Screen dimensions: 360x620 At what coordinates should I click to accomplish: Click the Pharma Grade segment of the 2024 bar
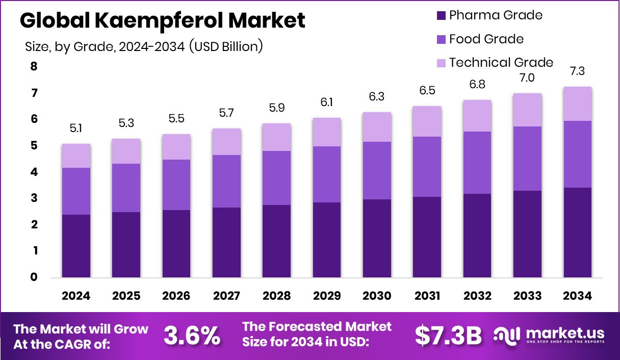pos(76,246)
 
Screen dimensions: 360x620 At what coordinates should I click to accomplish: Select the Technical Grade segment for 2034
pos(577,104)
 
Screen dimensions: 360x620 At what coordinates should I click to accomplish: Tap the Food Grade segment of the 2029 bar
pos(327,174)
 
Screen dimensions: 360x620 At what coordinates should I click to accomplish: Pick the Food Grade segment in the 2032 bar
pos(477,162)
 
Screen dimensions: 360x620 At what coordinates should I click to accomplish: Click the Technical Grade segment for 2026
pos(176,147)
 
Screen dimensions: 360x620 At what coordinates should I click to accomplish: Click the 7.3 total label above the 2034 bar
pos(577,72)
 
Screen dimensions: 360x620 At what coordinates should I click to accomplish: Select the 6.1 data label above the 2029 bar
pos(327,103)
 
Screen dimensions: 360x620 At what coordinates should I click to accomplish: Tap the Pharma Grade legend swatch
pos(441,16)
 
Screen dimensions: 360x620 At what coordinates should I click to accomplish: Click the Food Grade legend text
pos(486,39)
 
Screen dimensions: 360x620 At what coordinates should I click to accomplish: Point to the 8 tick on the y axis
pos(34,67)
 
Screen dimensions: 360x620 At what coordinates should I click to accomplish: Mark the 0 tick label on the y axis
pos(34,277)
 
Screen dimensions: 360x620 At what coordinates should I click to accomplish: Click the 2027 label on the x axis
pos(226,296)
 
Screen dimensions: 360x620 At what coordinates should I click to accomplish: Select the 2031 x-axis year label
pos(427,296)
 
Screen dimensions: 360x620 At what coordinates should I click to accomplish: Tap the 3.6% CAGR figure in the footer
pos(192,335)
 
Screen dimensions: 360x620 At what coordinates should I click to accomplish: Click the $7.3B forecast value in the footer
pos(448,335)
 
